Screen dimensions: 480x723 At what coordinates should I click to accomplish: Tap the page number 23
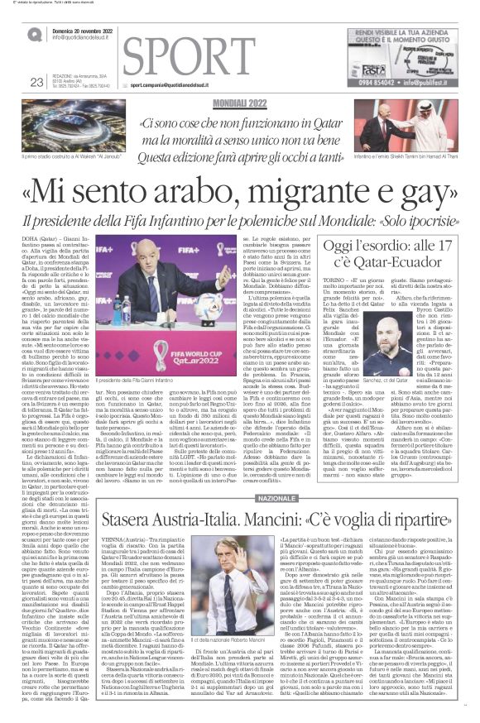click(36, 81)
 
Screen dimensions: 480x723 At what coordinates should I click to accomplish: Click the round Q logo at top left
click(34, 34)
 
